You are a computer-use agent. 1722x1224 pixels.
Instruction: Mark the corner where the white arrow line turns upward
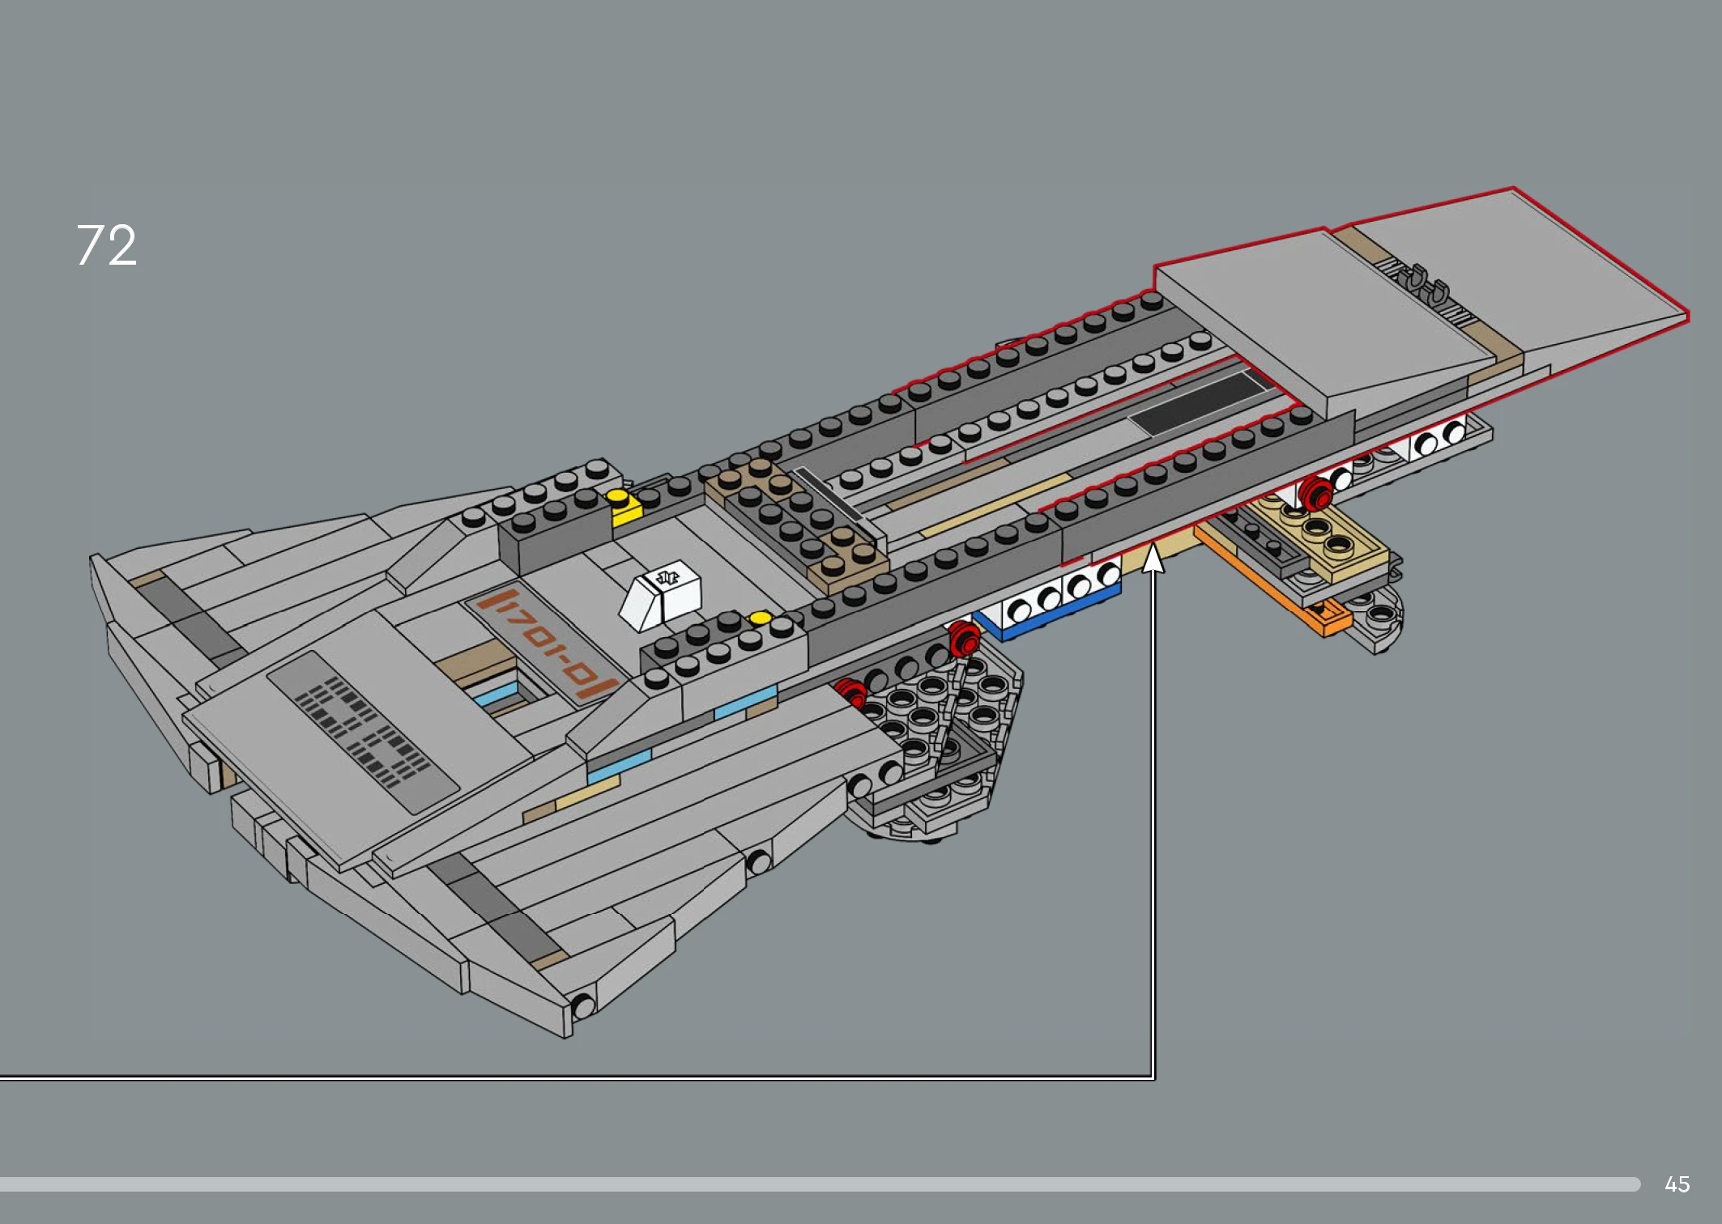click(x=1153, y=1077)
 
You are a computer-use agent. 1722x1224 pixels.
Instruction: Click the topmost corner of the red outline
click(x=1513, y=189)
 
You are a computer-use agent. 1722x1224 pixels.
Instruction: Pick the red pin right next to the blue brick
click(x=964, y=638)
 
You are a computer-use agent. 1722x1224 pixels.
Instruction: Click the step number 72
click(x=107, y=244)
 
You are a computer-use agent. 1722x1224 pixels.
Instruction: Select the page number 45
click(x=1677, y=1184)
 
